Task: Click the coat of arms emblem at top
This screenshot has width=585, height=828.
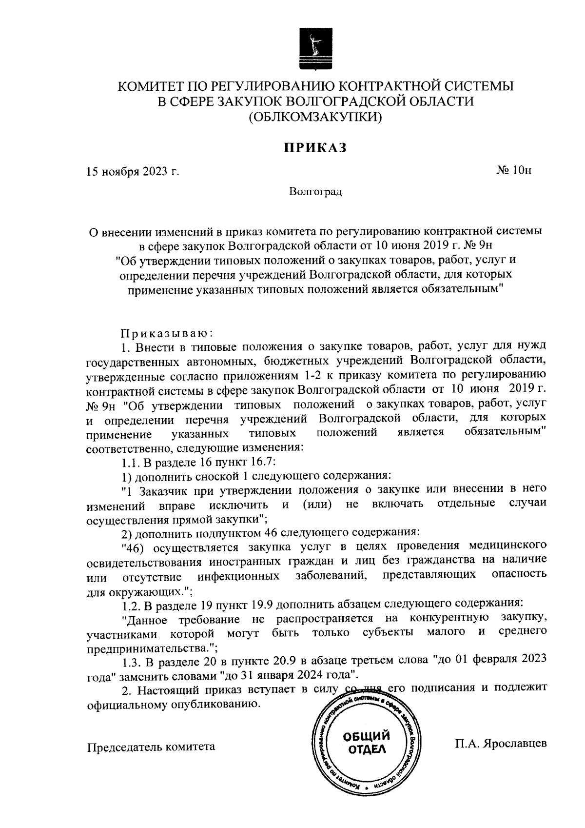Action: pos(315,51)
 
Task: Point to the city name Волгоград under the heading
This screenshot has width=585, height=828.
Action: pos(315,192)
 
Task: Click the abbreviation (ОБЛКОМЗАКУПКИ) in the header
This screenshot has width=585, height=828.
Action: pos(315,117)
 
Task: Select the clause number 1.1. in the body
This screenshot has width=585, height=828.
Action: pos(132,462)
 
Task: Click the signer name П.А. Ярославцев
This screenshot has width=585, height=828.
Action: pos(501,744)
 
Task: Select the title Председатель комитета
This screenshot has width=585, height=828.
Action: pos(151,747)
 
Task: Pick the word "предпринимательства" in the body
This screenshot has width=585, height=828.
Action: pos(149,650)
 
